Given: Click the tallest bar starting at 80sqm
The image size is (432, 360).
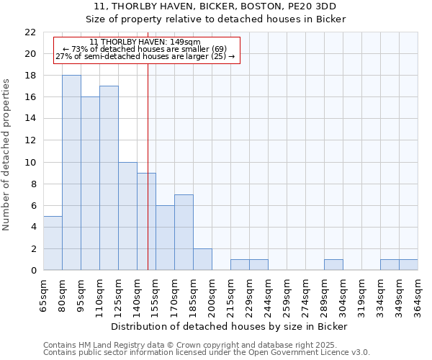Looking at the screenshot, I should click(71, 173).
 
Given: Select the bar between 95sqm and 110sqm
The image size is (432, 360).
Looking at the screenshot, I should click(90, 184).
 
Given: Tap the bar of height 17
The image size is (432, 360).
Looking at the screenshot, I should click(109, 178).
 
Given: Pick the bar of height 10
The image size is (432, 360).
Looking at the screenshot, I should click(127, 216).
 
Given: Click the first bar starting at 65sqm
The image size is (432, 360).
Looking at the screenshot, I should click(53, 243).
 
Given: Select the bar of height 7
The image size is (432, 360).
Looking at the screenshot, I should click(184, 232).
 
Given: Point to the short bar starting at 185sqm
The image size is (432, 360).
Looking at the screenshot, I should click(202, 259).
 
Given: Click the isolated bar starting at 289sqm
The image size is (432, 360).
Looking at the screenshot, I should click(333, 265).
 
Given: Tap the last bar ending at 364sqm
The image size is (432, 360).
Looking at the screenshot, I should click(408, 265).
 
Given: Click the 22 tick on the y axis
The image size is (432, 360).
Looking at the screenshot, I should click(30, 32).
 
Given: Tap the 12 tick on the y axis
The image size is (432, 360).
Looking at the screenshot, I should click(30, 140).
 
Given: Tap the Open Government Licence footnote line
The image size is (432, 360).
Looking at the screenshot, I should click(207, 352).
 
